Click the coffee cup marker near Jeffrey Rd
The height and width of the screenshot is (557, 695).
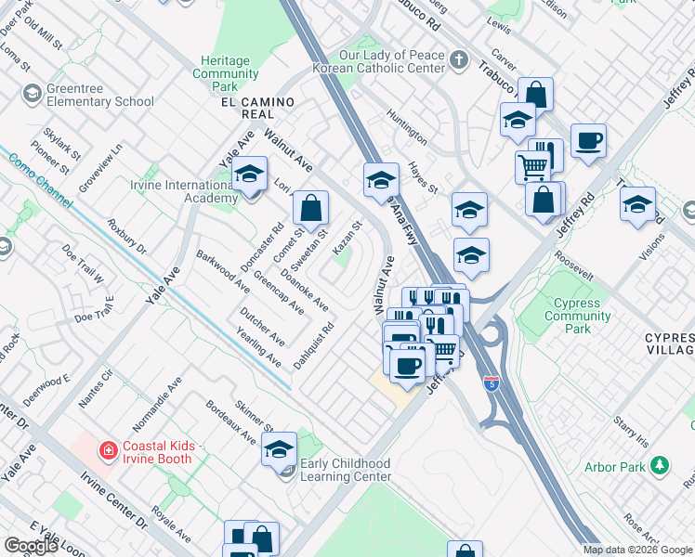point(588,142)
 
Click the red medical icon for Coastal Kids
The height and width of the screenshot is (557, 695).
point(109,450)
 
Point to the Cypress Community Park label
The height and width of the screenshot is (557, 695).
point(577,316)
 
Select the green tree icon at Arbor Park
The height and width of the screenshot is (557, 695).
point(660,464)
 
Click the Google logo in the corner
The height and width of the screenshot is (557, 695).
point(31,546)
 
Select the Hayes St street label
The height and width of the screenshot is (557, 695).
point(423,177)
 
